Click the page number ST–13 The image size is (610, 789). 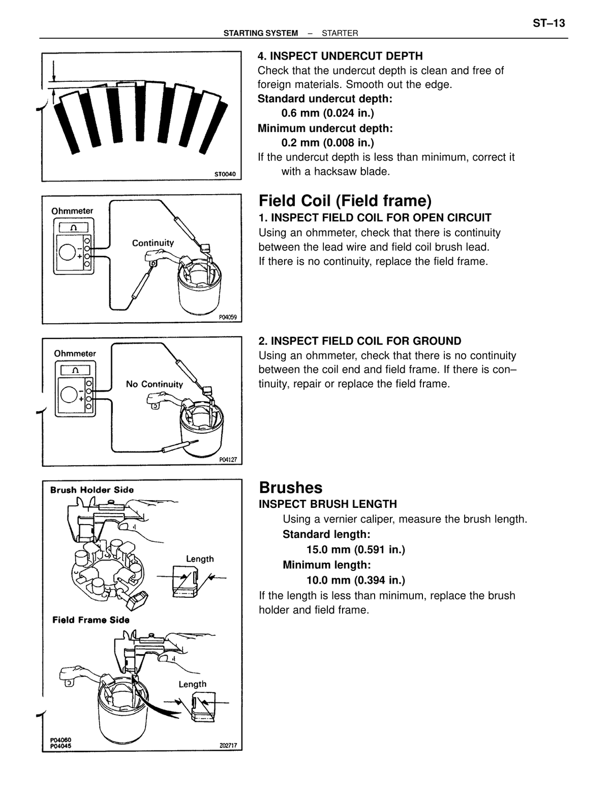pos(548,23)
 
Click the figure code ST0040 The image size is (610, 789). pos(225,174)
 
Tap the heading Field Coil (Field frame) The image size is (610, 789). pos(345,200)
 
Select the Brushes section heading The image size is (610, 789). pos(291,488)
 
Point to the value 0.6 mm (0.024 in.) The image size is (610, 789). pos(327,113)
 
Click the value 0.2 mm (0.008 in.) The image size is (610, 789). pos(327,143)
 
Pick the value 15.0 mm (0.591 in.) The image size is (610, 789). pos(356,550)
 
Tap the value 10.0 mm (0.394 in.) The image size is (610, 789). pos(356,580)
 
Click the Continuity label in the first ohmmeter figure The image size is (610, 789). pos(153,243)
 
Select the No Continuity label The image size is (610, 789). pos(154,384)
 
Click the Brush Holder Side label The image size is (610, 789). pos(92,490)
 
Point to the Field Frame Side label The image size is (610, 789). pos(90,620)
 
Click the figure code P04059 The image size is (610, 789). pos(228,317)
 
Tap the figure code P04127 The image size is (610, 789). pos(228,460)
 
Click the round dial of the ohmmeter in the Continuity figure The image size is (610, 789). pos(68,252)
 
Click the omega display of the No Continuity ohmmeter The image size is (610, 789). pos(75,370)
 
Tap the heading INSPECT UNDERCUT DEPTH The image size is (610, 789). pos(340,56)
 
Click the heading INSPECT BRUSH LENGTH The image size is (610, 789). pos(328,504)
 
